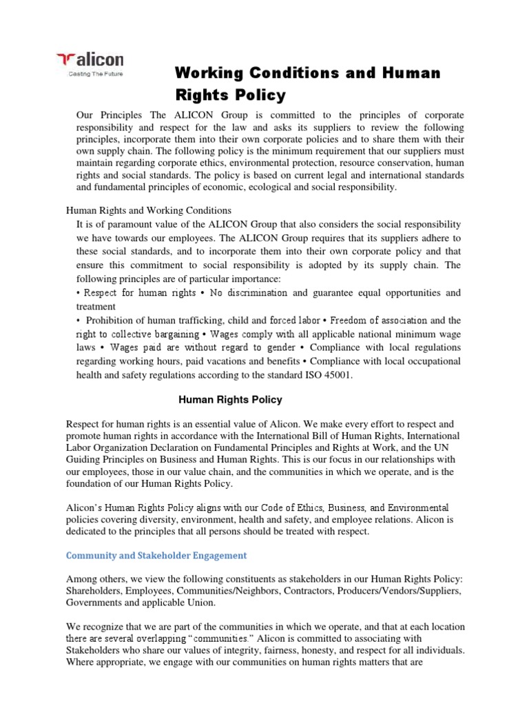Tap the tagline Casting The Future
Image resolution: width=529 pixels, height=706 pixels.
coord(93,74)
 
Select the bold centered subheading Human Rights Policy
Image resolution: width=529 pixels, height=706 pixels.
coord(230,400)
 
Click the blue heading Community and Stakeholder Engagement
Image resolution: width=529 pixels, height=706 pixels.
coord(156,555)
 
